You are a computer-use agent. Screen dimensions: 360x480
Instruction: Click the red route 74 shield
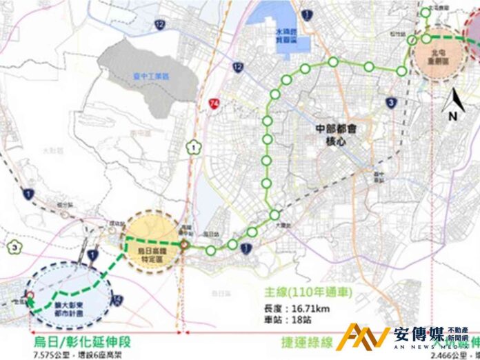[217, 102]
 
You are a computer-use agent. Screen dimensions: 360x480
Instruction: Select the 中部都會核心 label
[343, 134]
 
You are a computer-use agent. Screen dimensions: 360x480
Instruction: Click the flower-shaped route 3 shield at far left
[14, 246]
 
